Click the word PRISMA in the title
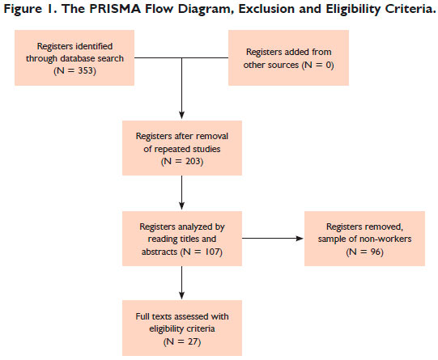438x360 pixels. (115, 9)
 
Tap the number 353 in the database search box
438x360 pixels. (85, 70)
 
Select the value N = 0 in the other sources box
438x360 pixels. (318, 65)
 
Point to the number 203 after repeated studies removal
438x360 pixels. (193, 161)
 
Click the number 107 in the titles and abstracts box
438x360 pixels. (213, 252)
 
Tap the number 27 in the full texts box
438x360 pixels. (193, 341)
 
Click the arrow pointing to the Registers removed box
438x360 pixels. (273, 239)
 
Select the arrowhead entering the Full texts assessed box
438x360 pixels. (182, 295)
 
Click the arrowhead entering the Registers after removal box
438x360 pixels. (182, 115)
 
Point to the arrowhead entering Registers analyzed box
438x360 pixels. (182, 205)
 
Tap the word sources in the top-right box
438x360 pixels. (285, 65)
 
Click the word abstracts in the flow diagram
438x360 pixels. (159, 252)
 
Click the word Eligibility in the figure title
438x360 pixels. (353, 9)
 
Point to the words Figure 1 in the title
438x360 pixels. (26, 9)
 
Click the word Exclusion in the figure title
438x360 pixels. (266, 9)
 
